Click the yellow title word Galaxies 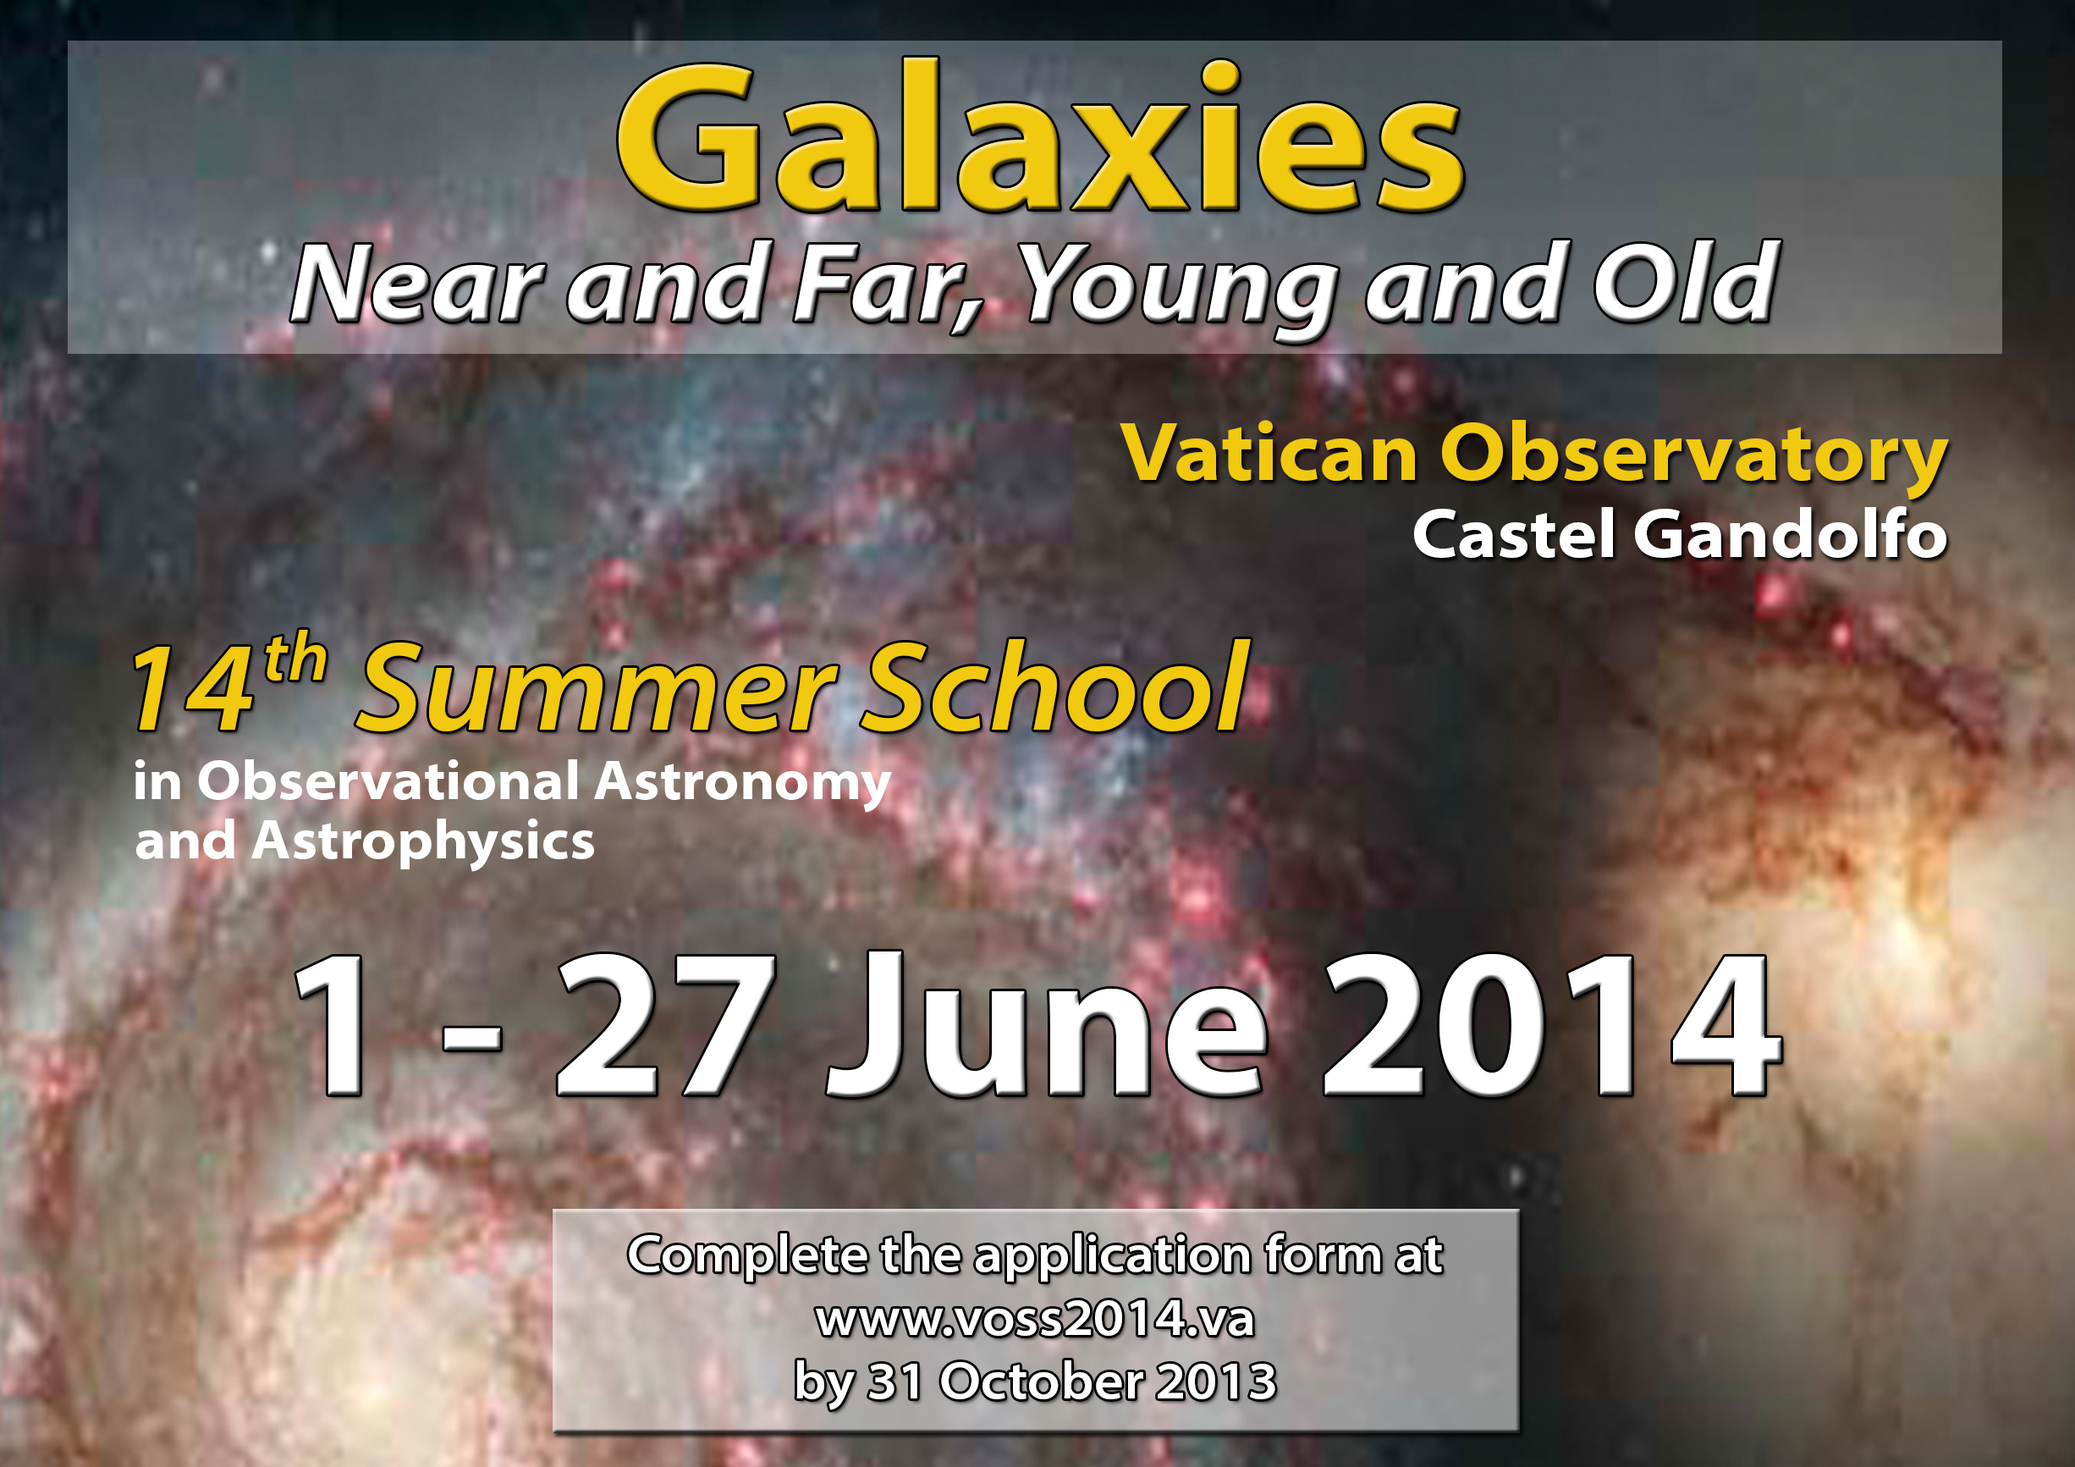(1039, 137)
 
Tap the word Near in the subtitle (416, 284)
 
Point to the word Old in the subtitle (1687, 282)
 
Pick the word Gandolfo (1791, 533)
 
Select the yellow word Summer (597, 689)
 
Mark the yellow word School (1055, 685)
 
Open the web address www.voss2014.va (1036, 1319)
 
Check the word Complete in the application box (747, 1256)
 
